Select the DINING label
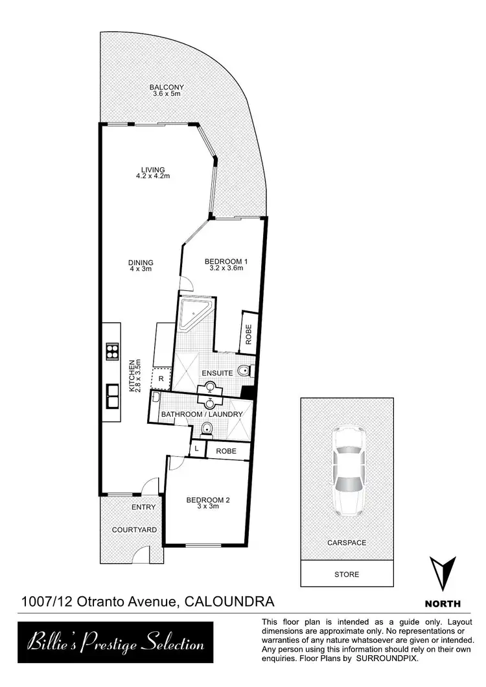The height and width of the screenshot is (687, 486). [x=141, y=266]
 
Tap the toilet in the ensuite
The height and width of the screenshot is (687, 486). [x=244, y=371]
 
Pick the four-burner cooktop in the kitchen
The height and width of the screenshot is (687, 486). [x=113, y=351]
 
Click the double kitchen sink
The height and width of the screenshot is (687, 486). [x=113, y=394]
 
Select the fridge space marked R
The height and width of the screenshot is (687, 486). [x=160, y=378]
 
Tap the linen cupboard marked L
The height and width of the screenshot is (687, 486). [x=196, y=448]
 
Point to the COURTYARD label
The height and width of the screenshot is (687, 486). [x=134, y=530]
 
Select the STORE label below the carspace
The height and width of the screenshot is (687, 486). [x=346, y=574]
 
